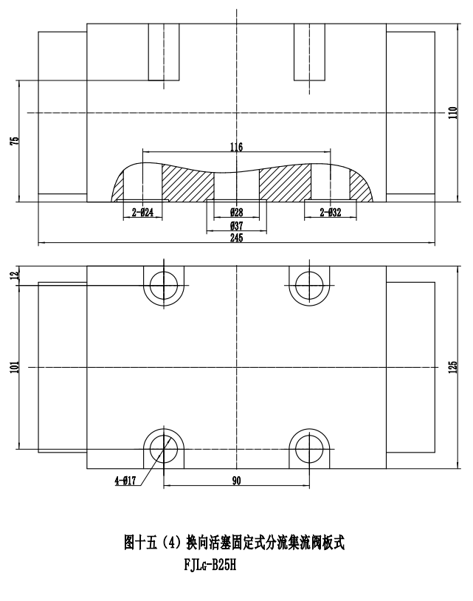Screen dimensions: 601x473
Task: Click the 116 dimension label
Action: [236, 148]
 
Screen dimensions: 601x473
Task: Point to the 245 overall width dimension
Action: [236, 238]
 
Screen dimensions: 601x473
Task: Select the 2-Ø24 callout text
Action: [142, 213]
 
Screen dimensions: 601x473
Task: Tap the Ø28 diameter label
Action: [236, 213]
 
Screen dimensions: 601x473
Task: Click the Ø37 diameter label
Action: [236, 224]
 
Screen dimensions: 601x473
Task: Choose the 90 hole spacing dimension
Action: [236, 481]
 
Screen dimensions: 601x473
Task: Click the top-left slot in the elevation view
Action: [163, 52]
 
